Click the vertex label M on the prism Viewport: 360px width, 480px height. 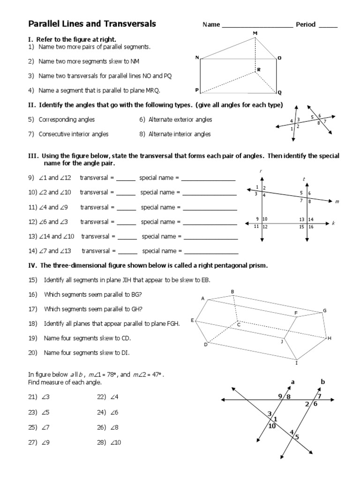click(x=255, y=33)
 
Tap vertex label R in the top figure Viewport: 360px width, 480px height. click(x=258, y=70)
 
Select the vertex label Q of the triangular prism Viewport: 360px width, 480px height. click(x=280, y=92)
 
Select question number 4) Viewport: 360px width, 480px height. click(x=31, y=90)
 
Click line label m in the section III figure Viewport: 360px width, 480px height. click(x=337, y=202)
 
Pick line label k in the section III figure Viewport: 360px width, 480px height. click(x=333, y=224)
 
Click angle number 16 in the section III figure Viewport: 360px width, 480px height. click(x=311, y=227)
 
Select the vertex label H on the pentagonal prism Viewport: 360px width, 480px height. click(x=330, y=338)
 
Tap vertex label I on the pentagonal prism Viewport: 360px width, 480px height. click(x=296, y=362)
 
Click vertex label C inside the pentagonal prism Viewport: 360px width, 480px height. click(x=238, y=324)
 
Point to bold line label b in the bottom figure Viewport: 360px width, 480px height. click(x=322, y=382)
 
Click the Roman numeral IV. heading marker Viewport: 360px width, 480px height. click(x=33, y=265)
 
